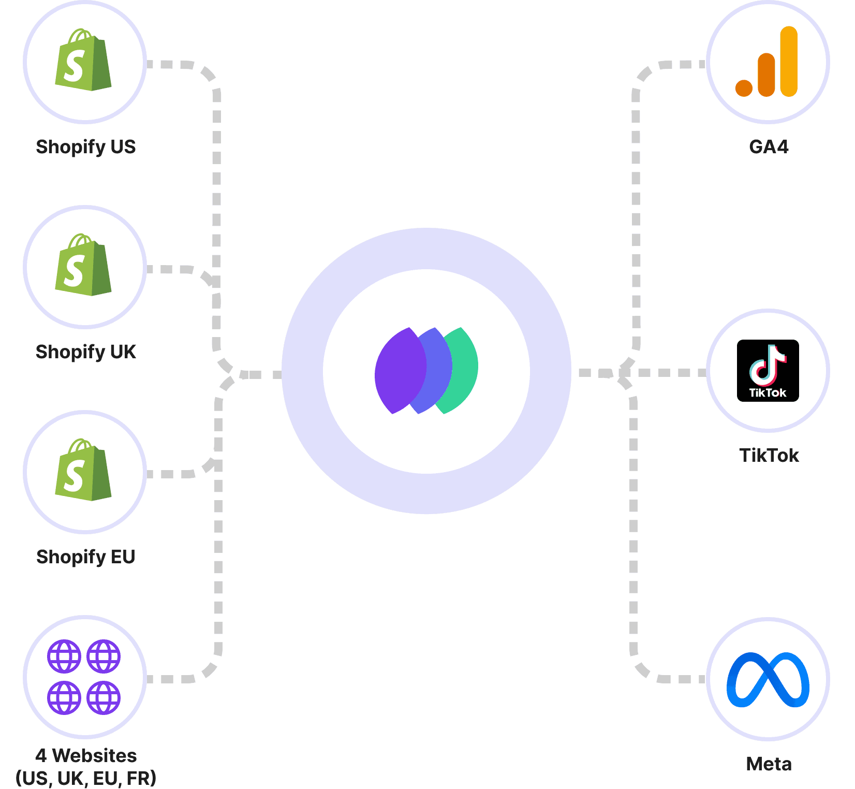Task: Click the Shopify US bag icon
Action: [83, 61]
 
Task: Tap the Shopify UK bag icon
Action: [83, 266]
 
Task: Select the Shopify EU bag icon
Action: [83, 471]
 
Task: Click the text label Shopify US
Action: [85, 147]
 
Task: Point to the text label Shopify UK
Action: [85, 352]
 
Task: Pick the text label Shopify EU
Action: [85, 557]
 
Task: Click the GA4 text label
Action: [769, 147]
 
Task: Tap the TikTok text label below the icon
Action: [769, 455]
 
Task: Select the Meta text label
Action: [769, 764]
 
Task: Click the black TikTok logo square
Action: [768, 371]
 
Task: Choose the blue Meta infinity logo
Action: [768, 680]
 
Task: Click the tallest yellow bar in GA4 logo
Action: [789, 62]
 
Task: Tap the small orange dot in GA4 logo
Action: [744, 88]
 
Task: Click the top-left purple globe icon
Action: [64, 657]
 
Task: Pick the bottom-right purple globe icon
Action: [104, 697]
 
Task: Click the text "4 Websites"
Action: [86, 755]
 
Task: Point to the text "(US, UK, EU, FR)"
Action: [86, 778]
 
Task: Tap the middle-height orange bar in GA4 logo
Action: [766, 76]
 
